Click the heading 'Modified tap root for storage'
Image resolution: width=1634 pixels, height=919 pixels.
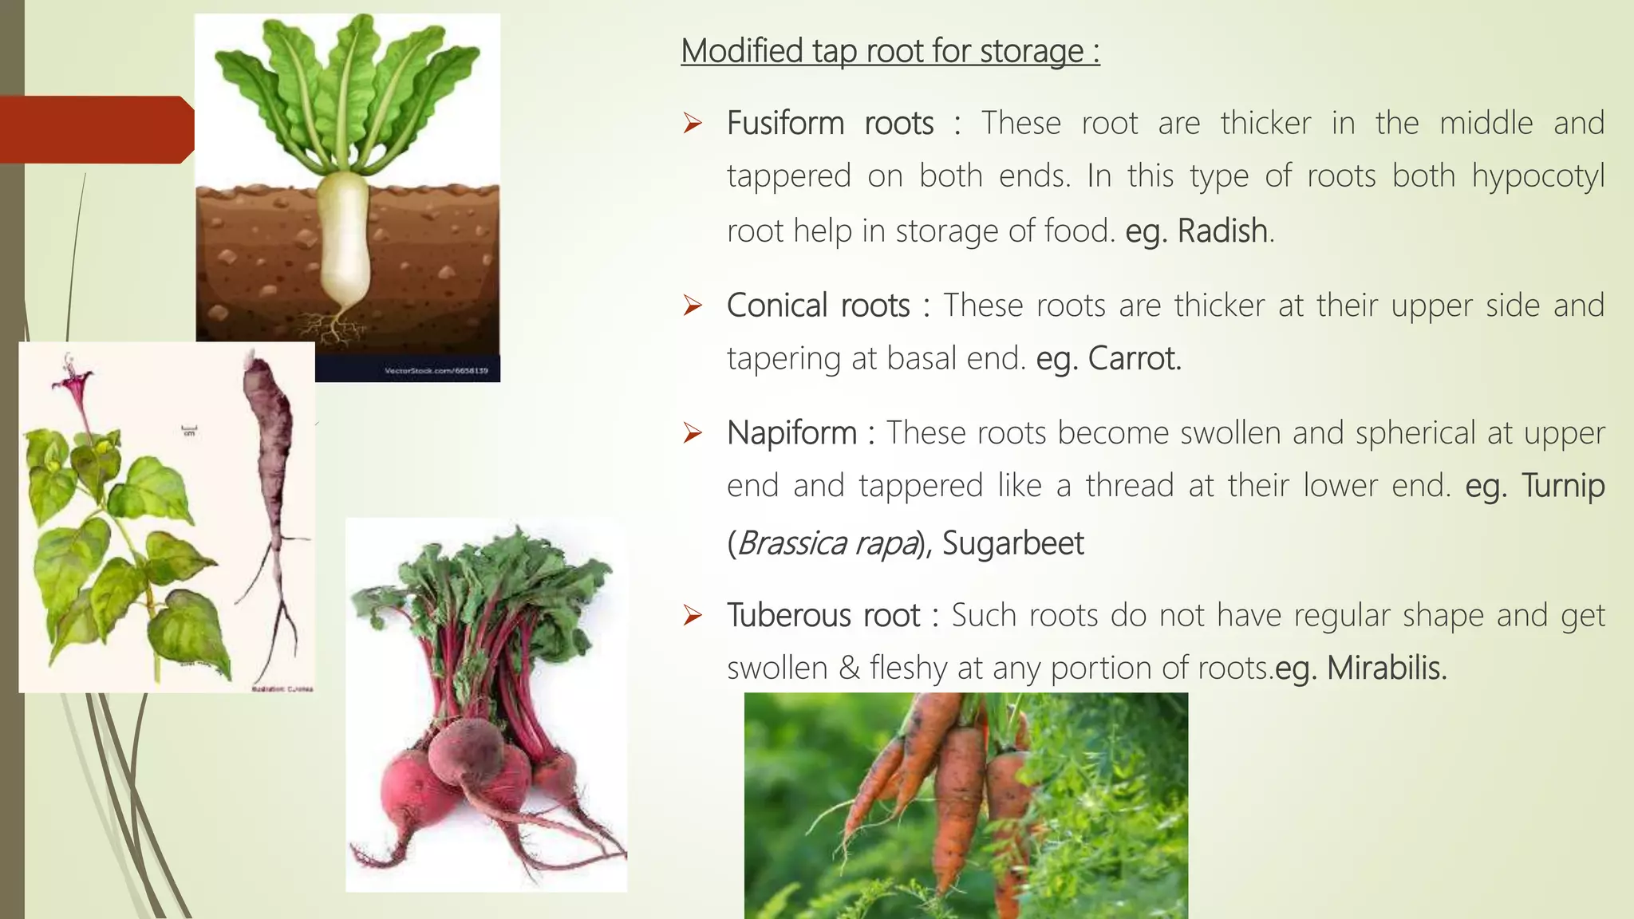(x=890, y=51)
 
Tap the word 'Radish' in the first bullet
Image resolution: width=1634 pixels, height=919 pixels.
(x=1222, y=231)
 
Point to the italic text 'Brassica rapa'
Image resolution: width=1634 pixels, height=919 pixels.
(x=827, y=544)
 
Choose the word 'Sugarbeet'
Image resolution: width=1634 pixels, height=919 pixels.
(x=1012, y=544)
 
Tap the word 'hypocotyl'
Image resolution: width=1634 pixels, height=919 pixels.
(x=1537, y=176)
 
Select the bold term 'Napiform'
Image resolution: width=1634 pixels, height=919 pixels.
(x=791, y=433)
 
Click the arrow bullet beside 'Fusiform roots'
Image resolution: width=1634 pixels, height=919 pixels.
(x=692, y=124)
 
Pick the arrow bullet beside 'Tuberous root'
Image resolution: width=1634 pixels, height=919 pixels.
(x=692, y=616)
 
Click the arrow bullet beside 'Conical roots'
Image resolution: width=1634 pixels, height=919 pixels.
(x=692, y=306)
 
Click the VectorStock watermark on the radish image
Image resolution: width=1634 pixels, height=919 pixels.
(x=436, y=370)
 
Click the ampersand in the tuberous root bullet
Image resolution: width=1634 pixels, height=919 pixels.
(x=848, y=669)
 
